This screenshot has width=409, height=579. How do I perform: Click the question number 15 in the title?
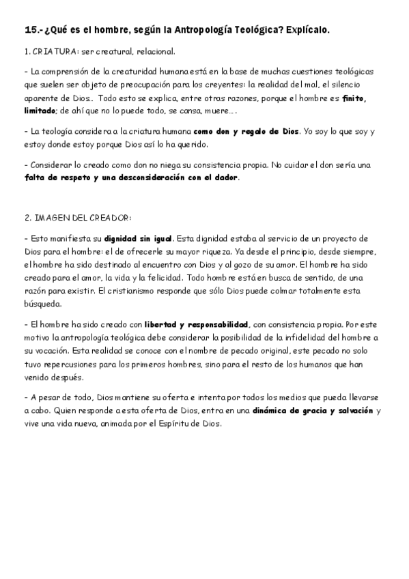(30, 30)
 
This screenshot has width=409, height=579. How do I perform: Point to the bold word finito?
(354, 98)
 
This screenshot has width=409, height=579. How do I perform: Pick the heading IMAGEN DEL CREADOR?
(77, 218)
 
